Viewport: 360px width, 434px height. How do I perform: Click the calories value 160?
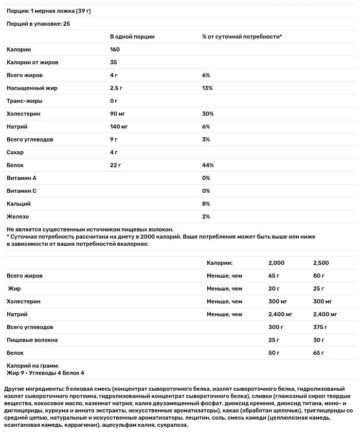click(x=115, y=50)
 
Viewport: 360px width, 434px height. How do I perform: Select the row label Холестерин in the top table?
click(x=24, y=114)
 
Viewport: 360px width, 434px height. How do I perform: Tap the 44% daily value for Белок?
click(x=208, y=165)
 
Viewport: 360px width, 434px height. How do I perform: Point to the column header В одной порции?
click(x=132, y=37)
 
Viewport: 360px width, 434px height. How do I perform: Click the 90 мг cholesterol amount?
click(x=118, y=114)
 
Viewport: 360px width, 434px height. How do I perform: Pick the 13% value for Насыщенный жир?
click(x=208, y=88)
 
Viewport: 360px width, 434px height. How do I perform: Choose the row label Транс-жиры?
click(x=25, y=101)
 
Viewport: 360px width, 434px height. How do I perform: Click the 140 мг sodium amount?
click(x=119, y=126)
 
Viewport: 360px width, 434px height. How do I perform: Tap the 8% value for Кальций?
click(x=206, y=204)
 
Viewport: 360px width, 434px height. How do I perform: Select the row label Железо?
click(x=19, y=216)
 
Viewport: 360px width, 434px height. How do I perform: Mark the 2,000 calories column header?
click(x=277, y=263)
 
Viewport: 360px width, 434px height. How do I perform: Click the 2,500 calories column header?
click(x=320, y=263)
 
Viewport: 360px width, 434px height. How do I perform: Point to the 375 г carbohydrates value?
click(x=320, y=327)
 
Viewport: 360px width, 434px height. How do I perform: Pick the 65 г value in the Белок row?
click(x=318, y=353)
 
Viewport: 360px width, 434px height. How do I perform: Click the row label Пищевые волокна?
click(x=32, y=340)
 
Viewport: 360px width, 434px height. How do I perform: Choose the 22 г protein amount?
click(x=116, y=165)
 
